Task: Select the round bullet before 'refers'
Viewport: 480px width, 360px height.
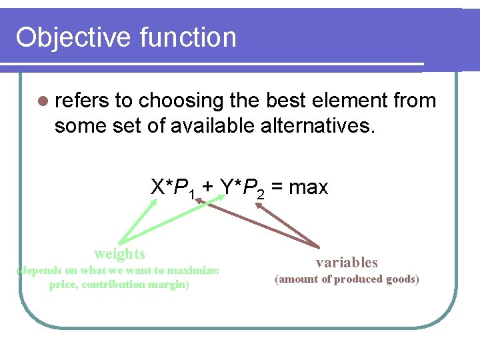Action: coord(43,101)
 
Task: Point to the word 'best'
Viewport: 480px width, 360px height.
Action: coord(283,101)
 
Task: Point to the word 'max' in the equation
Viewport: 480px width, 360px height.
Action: coord(308,188)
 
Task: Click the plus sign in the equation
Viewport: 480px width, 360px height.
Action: coord(207,188)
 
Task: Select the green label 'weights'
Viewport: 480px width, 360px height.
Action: coord(119,253)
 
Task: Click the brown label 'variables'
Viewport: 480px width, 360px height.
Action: coord(347,263)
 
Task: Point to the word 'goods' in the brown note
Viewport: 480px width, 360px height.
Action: coord(401,279)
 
